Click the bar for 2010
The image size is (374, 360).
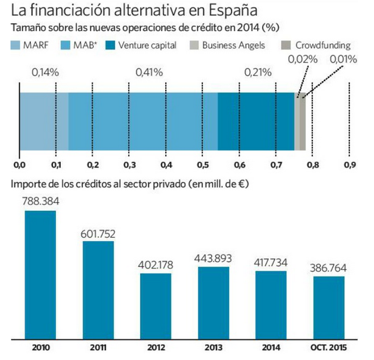tap(40, 274)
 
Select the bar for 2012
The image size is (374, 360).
tap(156, 306)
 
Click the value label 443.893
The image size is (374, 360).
tap(214, 259)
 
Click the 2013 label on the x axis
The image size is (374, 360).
tap(214, 348)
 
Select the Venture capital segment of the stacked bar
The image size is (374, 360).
tap(256, 121)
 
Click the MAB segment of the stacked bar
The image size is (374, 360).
tap(143, 121)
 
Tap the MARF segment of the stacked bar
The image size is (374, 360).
tap(44, 121)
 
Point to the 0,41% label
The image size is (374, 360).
tap(149, 72)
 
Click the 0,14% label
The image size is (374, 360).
tap(45, 72)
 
